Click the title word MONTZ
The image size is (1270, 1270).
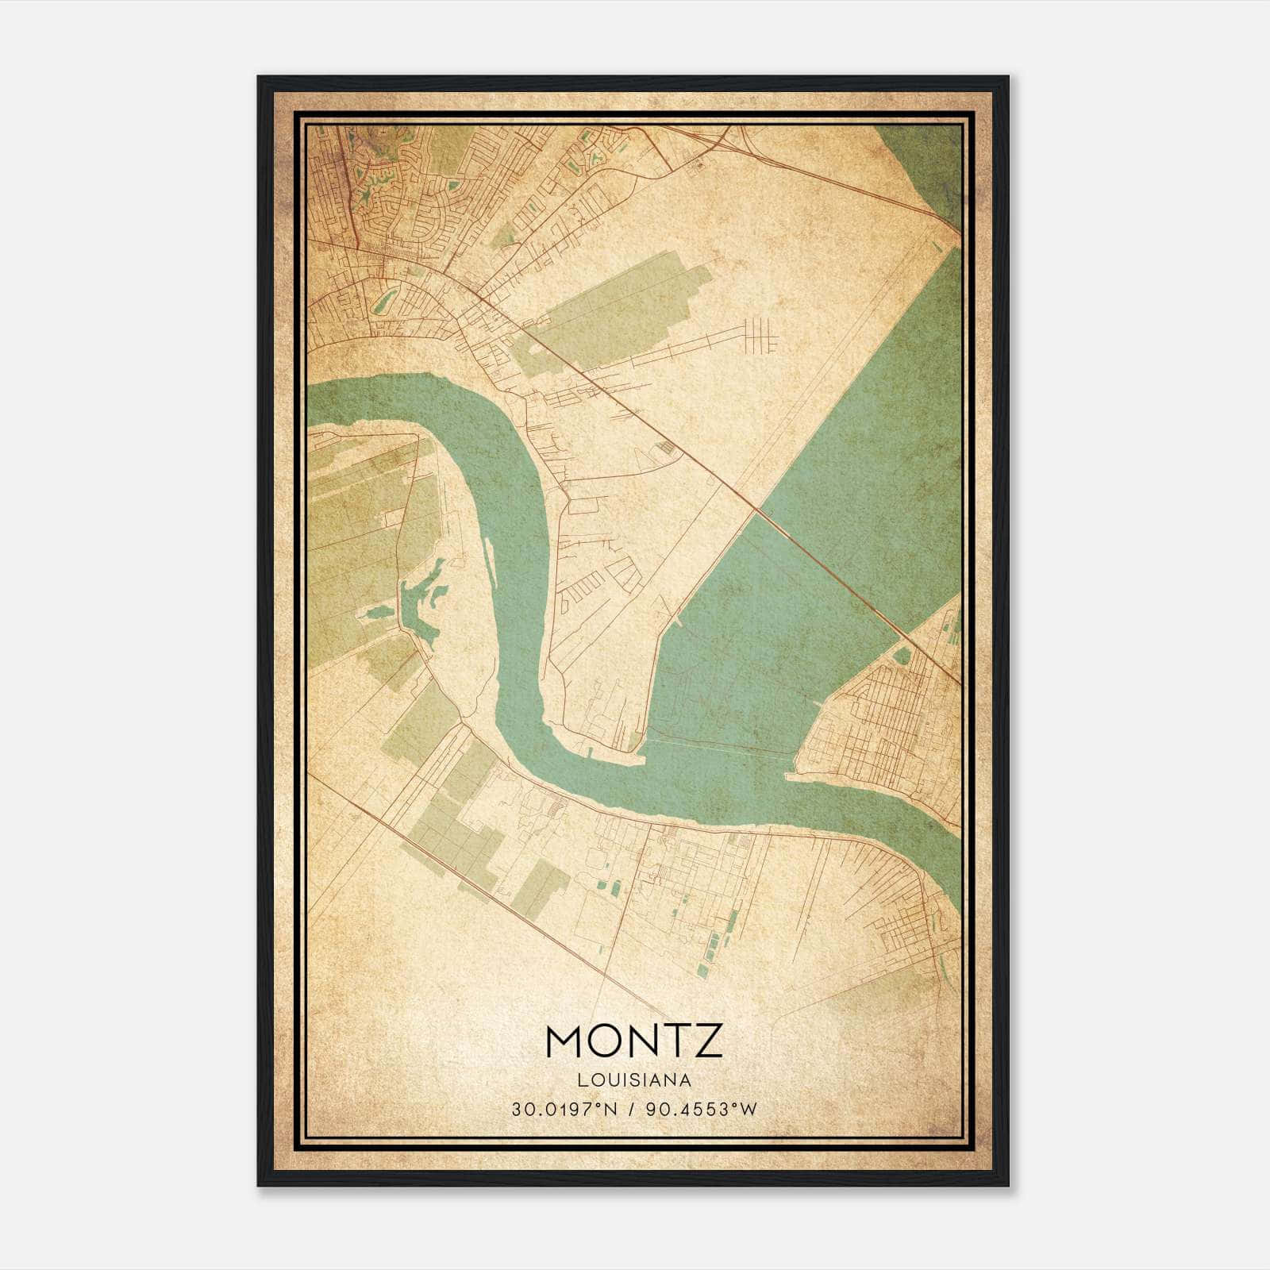(x=634, y=1041)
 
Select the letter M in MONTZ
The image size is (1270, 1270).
(x=566, y=1041)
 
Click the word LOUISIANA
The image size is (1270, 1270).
(x=634, y=1080)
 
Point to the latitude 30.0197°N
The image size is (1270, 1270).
(x=564, y=1109)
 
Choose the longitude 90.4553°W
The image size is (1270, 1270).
(x=698, y=1109)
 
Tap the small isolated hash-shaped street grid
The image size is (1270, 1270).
(x=760, y=334)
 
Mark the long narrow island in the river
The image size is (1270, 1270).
(x=490, y=560)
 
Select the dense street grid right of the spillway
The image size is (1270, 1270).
(x=881, y=714)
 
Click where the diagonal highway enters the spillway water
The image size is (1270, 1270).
(x=757, y=509)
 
